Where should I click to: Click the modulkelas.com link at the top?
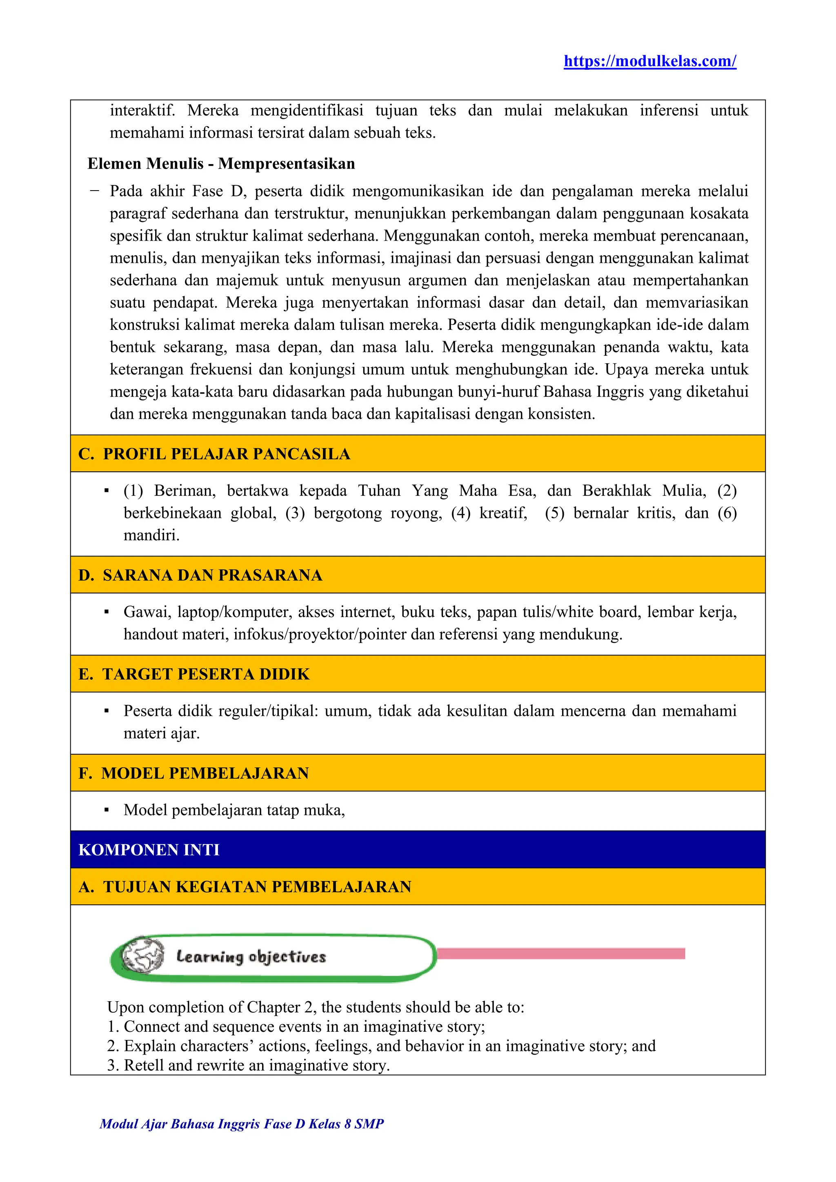click(x=649, y=61)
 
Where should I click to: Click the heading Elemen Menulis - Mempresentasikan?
click(x=221, y=164)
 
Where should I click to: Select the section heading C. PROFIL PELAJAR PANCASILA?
click(x=214, y=453)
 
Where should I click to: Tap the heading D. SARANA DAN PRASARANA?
click(x=200, y=575)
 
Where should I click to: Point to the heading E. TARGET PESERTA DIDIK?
click(x=194, y=674)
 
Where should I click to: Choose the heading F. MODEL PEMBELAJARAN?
click(x=193, y=773)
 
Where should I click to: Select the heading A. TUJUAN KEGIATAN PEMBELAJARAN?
click(x=245, y=887)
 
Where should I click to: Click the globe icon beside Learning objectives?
click(x=142, y=956)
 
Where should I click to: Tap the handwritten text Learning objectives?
click(x=251, y=957)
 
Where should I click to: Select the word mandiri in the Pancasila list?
click(x=151, y=535)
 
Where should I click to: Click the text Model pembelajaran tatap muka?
click(x=234, y=810)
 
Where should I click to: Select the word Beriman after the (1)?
click(x=184, y=491)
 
